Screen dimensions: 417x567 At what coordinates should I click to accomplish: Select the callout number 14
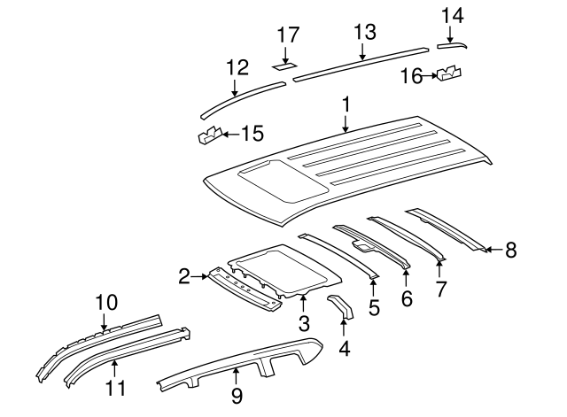pyautogui.click(x=452, y=14)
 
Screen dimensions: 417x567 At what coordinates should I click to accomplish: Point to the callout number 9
pyautogui.click(x=237, y=397)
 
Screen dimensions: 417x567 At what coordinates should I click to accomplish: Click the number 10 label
pyautogui.click(x=106, y=303)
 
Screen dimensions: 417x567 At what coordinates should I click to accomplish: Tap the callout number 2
pyautogui.click(x=183, y=277)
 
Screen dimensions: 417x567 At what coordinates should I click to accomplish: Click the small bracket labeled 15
pyautogui.click(x=209, y=135)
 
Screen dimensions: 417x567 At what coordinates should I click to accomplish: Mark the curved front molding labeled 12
pyautogui.click(x=239, y=97)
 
